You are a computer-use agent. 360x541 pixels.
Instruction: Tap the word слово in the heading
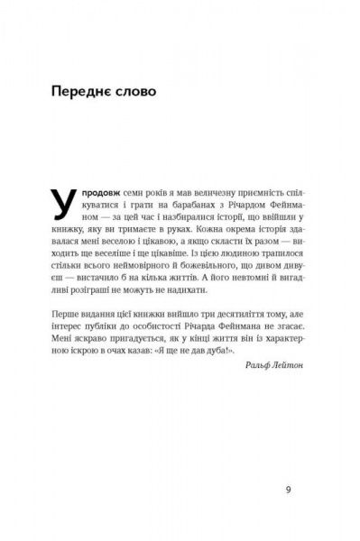pos(134,93)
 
